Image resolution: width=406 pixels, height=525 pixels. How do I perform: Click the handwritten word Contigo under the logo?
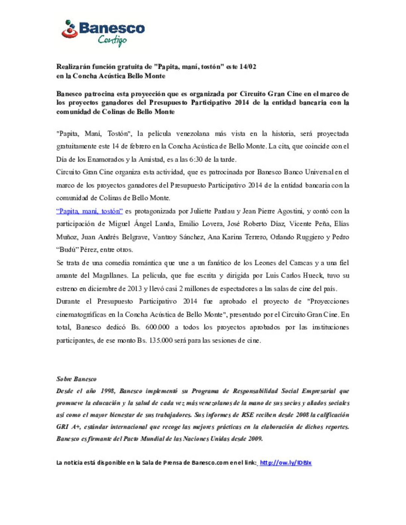tap(112, 40)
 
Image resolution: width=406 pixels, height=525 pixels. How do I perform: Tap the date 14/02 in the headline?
tap(248, 67)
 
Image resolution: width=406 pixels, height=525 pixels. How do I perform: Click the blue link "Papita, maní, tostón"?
tap(89, 211)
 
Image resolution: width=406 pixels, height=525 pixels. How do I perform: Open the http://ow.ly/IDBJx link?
tap(286, 463)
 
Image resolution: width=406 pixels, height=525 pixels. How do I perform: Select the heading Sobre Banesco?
tap(76, 379)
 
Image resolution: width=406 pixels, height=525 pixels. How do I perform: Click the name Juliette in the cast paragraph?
tap(201, 211)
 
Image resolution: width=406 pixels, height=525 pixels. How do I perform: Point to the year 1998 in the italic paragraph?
tap(108, 391)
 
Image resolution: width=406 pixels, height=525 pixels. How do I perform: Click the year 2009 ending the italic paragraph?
tap(255, 439)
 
